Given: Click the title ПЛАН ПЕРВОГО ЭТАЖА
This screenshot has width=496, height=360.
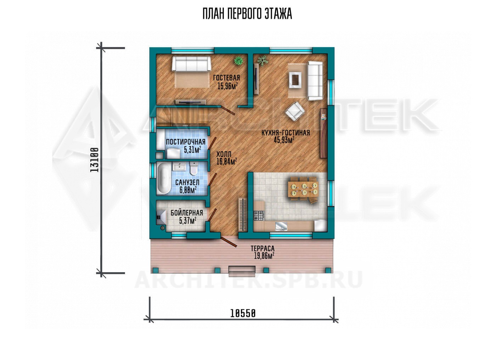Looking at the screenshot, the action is click(x=247, y=14).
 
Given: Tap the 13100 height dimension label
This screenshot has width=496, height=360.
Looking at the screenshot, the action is click(x=95, y=160).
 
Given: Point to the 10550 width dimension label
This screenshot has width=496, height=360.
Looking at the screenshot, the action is click(x=243, y=313).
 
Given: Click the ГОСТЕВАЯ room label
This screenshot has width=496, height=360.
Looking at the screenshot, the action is click(x=226, y=78).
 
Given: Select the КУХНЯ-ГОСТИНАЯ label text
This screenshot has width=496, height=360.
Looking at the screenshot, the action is click(x=286, y=133).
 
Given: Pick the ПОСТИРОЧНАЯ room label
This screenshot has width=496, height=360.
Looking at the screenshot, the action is click(x=186, y=142).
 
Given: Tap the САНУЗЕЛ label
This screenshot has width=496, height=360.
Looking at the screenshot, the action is click(x=187, y=182).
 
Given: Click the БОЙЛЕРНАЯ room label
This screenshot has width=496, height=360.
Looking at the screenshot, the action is click(x=187, y=213).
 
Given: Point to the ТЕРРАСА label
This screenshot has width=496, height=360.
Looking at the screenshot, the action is click(x=263, y=248).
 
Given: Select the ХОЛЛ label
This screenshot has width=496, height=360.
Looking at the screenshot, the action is click(x=224, y=154).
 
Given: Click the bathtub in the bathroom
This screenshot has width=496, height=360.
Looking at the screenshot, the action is click(x=164, y=179).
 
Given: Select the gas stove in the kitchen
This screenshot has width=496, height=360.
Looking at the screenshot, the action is click(x=259, y=215).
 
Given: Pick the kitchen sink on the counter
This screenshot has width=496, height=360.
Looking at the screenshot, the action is click(x=281, y=226).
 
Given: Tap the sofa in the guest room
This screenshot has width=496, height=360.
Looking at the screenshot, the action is click(x=191, y=63).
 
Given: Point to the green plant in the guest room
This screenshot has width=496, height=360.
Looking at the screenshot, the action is click(x=239, y=61).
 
